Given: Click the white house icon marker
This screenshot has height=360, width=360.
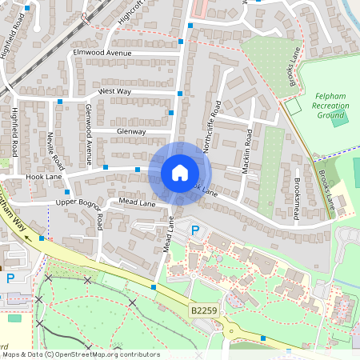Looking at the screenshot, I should tap(180, 173).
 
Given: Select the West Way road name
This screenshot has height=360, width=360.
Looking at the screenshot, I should tap(114, 92).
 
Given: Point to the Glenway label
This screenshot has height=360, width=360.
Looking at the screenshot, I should tap(131, 131).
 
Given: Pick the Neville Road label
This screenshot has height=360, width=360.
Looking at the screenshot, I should tap(50, 148).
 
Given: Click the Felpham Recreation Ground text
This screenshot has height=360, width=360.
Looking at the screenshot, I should tap(330, 104).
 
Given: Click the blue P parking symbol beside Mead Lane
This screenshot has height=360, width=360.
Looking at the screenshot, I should tap(194, 230).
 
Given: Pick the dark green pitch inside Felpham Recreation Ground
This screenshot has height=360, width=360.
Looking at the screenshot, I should tap(340, 118).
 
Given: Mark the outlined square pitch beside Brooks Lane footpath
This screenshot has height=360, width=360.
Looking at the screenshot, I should tap(293, 105).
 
